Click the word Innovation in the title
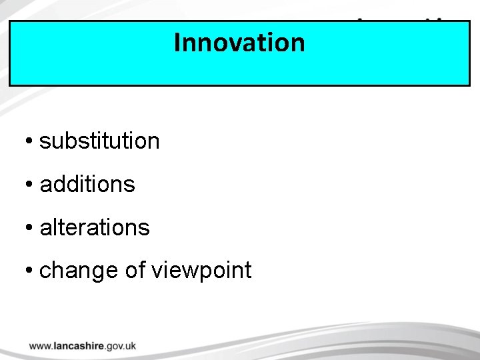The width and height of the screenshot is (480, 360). pos(239,43)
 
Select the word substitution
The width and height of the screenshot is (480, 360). pos(99,141)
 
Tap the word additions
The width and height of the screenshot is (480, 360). pos(87,185)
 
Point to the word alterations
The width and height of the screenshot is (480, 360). pos(95,228)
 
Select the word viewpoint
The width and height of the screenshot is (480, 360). pos(202,271)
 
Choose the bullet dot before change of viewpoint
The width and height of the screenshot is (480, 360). pos(29,271)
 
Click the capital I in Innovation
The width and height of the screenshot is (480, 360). pos(177,43)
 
